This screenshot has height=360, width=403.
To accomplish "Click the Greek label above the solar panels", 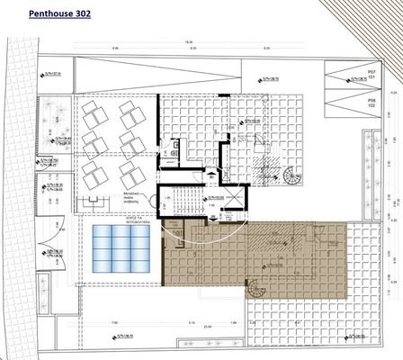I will click(119, 220).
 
